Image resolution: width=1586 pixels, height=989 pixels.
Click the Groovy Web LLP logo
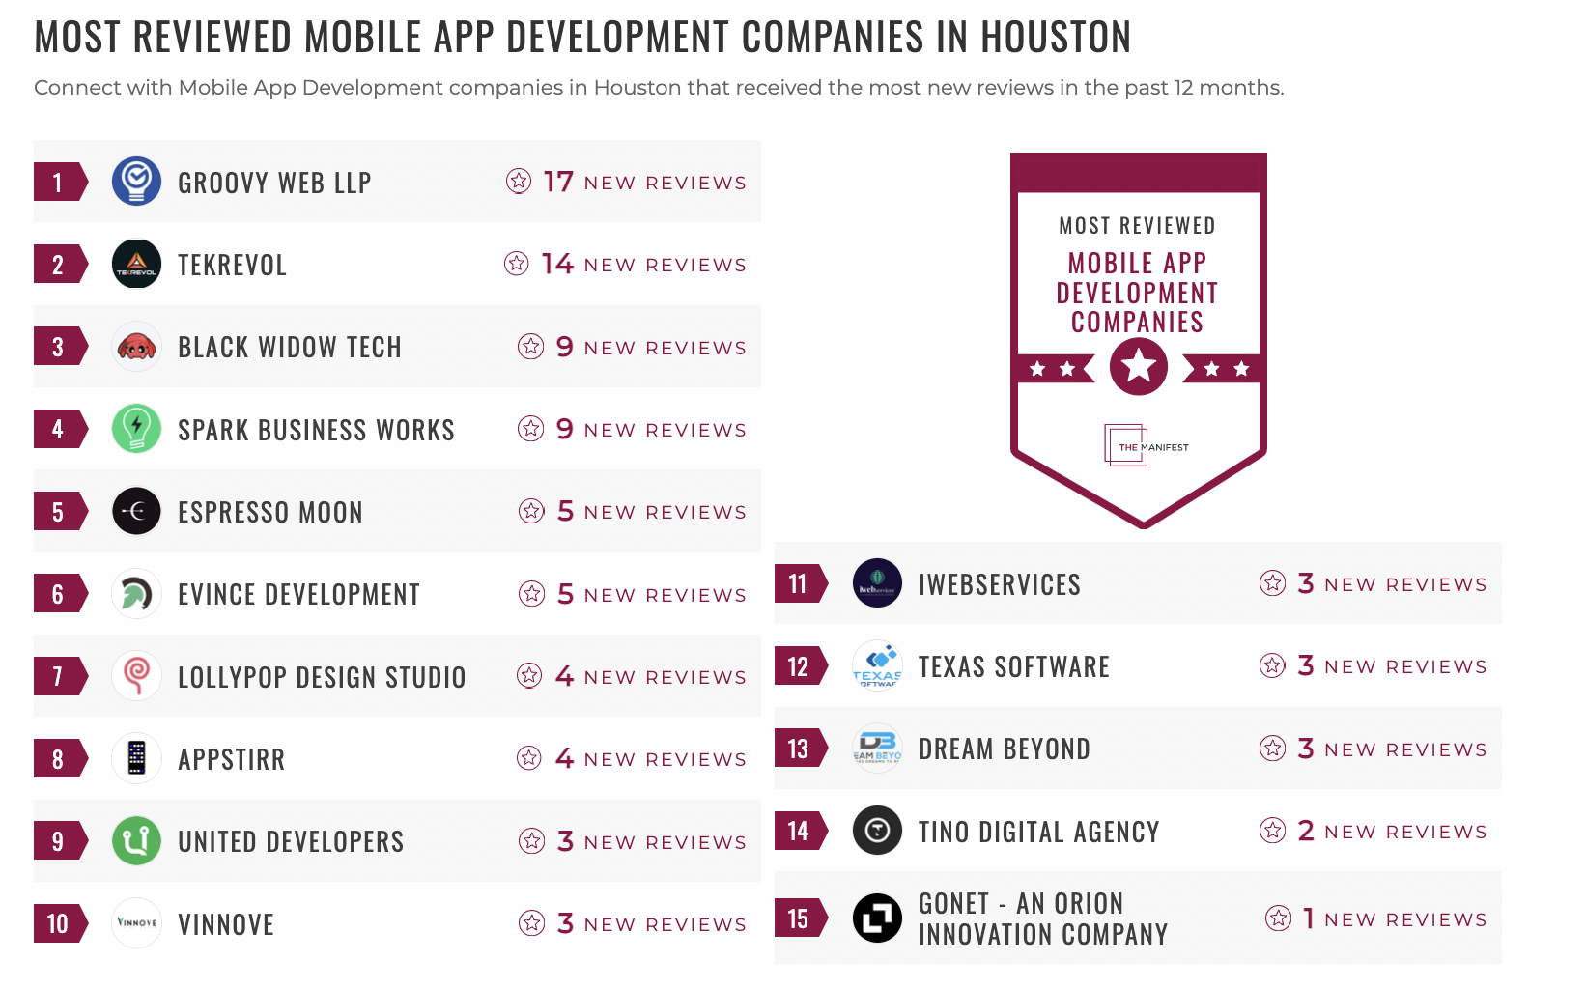pos(136,182)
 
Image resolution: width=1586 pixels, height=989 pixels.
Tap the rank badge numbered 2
pos(59,265)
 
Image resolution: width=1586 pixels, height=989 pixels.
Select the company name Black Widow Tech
pos(289,348)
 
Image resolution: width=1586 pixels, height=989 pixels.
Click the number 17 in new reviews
pos(558,182)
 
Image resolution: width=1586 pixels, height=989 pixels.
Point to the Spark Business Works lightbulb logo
pos(136,429)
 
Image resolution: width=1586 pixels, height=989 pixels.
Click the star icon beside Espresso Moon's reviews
pos(531,511)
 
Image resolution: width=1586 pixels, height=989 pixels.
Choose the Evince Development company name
pos(298,595)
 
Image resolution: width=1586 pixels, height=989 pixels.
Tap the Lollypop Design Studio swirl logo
pos(136,675)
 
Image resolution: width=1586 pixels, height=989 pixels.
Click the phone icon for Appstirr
pos(136,758)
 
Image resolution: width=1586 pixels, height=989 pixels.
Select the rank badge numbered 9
pos(59,841)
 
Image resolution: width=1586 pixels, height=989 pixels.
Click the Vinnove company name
pos(226,925)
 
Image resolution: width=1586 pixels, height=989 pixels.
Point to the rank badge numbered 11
pos(799,583)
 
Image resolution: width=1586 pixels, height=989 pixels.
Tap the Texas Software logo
pos(877,666)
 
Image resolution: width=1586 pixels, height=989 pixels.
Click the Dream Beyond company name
pos(1004,749)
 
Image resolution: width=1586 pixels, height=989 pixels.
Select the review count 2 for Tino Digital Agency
pos(1306,831)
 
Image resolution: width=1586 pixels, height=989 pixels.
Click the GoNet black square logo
pos(877,918)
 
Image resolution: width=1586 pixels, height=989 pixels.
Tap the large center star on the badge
pos(1139,367)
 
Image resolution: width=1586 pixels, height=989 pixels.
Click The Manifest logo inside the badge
pos(1145,446)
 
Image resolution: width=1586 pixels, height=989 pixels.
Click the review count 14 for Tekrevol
pos(557,264)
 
